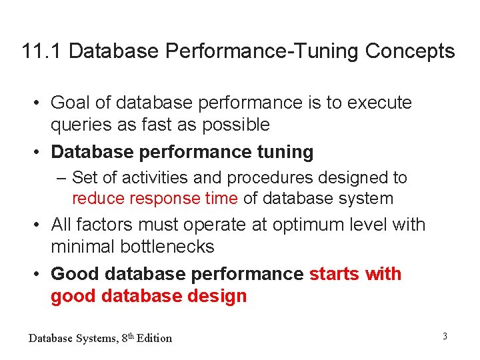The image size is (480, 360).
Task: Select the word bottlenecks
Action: (x=167, y=247)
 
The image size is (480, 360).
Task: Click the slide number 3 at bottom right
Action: (x=445, y=336)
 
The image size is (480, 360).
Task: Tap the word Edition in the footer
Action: (x=154, y=338)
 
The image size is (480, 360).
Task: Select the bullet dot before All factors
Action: (x=41, y=225)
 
